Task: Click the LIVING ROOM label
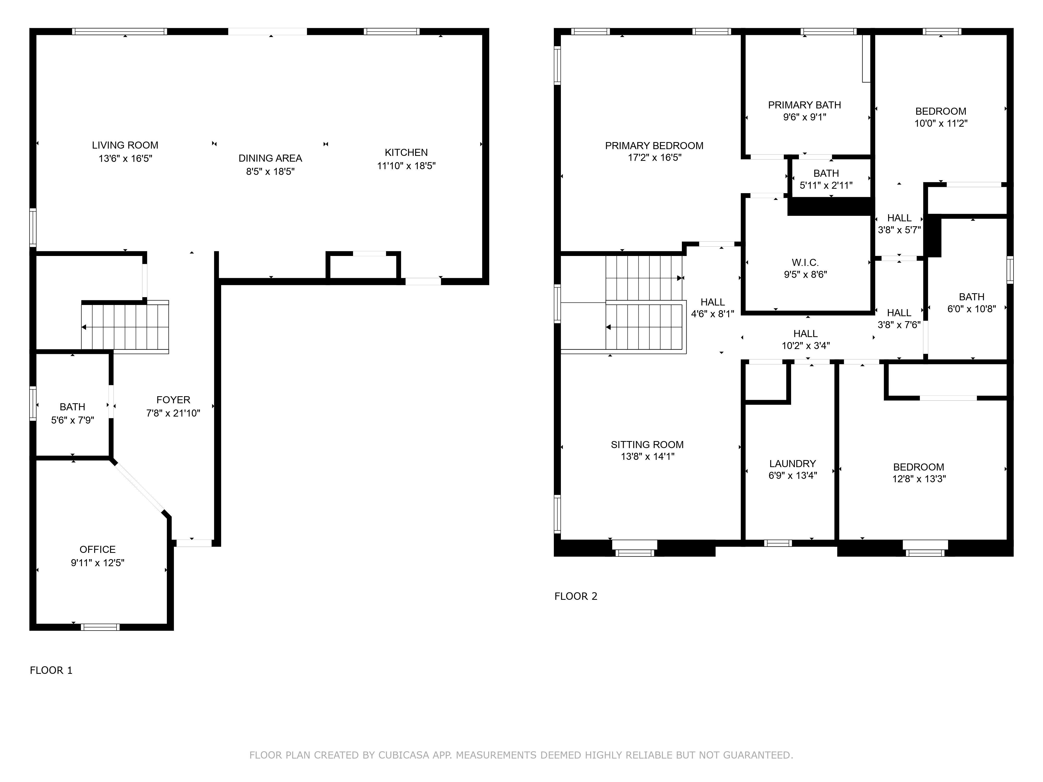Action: (125, 145)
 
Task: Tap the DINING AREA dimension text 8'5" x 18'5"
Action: (270, 172)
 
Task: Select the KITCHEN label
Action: (406, 153)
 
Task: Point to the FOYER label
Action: (173, 400)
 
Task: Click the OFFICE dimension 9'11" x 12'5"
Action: (98, 563)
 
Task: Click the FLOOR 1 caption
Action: (51, 670)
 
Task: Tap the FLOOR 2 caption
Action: (576, 596)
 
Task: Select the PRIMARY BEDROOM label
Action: (654, 146)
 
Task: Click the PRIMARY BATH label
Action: (804, 105)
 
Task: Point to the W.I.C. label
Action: (805, 262)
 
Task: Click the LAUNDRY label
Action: (793, 464)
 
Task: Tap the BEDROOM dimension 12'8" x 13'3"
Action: (919, 479)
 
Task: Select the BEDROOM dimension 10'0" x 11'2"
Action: (941, 124)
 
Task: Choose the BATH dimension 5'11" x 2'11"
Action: (826, 186)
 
